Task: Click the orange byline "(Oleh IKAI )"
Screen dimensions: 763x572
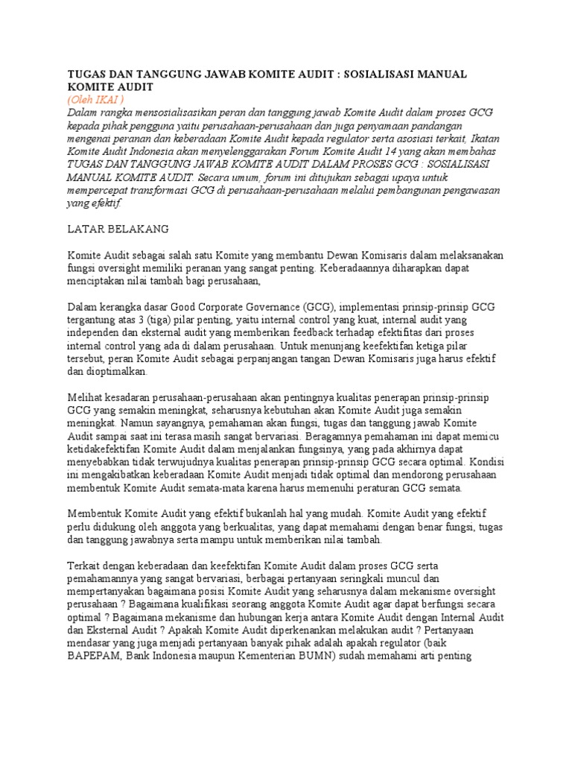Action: click(x=95, y=99)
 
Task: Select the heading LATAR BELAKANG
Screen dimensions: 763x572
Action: click(x=118, y=228)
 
